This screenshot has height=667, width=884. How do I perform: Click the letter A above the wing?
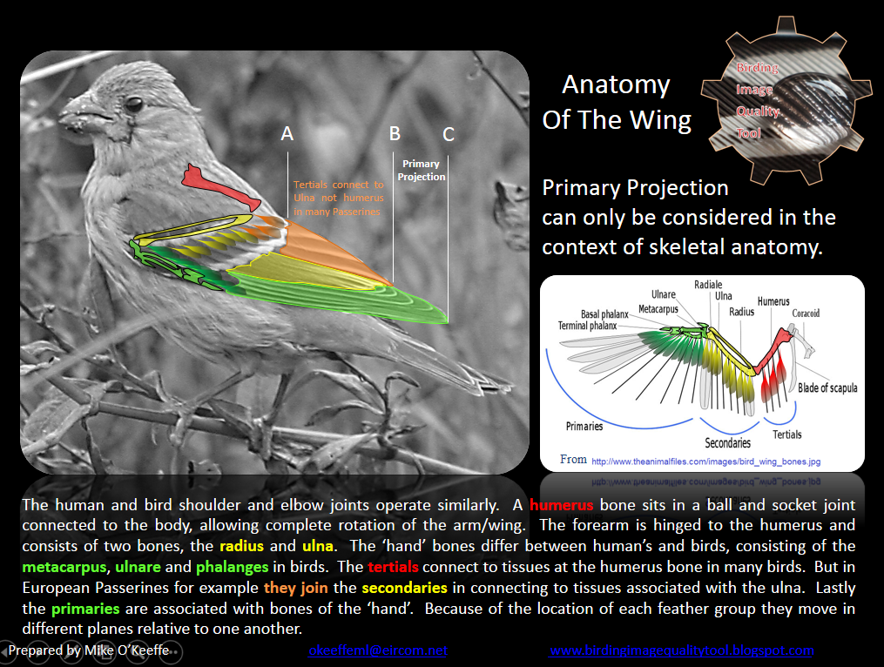(x=287, y=134)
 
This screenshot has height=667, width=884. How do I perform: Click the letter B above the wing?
(x=395, y=134)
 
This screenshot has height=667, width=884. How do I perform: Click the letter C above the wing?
(x=449, y=134)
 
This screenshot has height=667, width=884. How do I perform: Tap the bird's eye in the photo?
(x=133, y=104)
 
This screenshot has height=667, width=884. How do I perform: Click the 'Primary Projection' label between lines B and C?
(x=422, y=170)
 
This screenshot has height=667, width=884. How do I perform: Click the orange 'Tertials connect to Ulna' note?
(x=338, y=198)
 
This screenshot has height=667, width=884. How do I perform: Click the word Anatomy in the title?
(x=616, y=84)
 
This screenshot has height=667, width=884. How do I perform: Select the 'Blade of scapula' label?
(x=827, y=387)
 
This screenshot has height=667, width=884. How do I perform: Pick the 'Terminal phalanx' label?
(x=587, y=326)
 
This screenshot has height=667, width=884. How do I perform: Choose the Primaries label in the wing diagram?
(x=584, y=426)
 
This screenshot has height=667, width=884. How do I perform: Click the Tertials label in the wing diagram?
(x=786, y=434)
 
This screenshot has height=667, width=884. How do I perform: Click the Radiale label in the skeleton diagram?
(x=707, y=285)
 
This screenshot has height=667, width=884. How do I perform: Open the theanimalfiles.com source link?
(x=705, y=462)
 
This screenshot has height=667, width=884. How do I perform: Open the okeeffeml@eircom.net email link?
(x=377, y=650)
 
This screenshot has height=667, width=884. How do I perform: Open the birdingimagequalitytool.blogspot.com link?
(x=681, y=650)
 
